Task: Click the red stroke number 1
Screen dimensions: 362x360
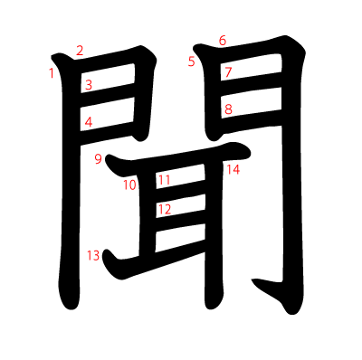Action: [x=52, y=73]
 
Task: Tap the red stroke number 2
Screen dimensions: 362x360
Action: [x=80, y=51]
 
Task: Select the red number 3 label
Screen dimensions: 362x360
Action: [x=89, y=85]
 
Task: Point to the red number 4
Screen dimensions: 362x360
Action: [x=89, y=122]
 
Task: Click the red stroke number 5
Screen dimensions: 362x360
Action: [x=192, y=62]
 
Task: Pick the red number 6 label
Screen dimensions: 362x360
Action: [x=223, y=41]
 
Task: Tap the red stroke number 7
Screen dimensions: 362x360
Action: [x=228, y=72]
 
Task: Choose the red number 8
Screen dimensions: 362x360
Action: [x=229, y=109]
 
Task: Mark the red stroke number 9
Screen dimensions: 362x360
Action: [x=99, y=159]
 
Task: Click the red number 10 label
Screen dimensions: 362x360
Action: [x=129, y=185]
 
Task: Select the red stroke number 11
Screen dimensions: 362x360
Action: [x=165, y=180]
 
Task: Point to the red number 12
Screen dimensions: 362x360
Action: [x=165, y=209]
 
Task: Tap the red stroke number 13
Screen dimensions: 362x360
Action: [x=93, y=256]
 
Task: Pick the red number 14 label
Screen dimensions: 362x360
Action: [x=233, y=170]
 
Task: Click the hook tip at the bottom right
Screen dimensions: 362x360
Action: [x=252, y=280]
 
